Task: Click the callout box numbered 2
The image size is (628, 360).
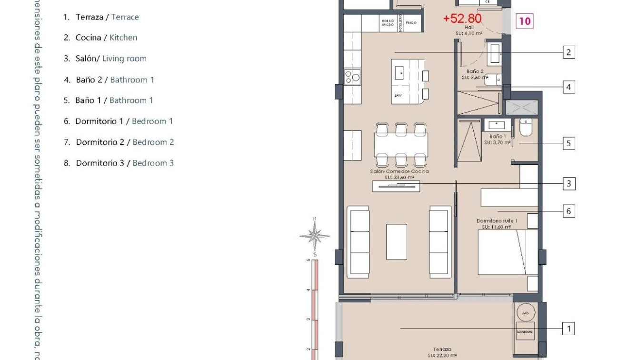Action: pyautogui.click(x=568, y=52)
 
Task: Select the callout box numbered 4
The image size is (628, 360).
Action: pyautogui.click(x=568, y=87)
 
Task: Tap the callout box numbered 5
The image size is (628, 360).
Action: pyautogui.click(x=568, y=143)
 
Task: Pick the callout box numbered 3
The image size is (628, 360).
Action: pyautogui.click(x=568, y=183)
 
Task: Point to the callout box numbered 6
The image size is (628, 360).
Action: pyautogui.click(x=568, y=211)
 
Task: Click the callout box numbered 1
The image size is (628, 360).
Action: pyautogui.click(x=568, y=329)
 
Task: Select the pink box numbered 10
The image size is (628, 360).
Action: pyautogui.click(x=524, y=21)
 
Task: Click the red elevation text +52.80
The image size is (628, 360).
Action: pyautogui.click(x=462, y=19)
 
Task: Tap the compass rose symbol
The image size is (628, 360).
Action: pyautogui.click(x=314, y=235)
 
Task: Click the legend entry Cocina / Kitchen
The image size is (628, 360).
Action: pyautogui.click(x=100, y=38)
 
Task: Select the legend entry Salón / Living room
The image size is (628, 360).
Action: pyautogui.click(x=105, y=59)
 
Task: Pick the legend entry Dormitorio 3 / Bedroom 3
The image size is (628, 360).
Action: pyautogui.click(x=119, y=163)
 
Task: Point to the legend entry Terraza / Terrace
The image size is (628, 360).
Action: pyautogui.click(x=101, y=17)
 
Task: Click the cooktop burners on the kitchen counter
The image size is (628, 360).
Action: pyautogui.click(x=352, y=77)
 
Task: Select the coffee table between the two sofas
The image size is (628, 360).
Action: pyautogui.click(x=397, y=241)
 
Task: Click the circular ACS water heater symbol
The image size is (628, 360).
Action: pyautogui.click(x=526, y=313)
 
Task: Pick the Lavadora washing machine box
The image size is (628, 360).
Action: pyautogui.click(x=525, y=331)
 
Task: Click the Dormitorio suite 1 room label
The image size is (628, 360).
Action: pyautogui.click(x=497, y=224)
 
